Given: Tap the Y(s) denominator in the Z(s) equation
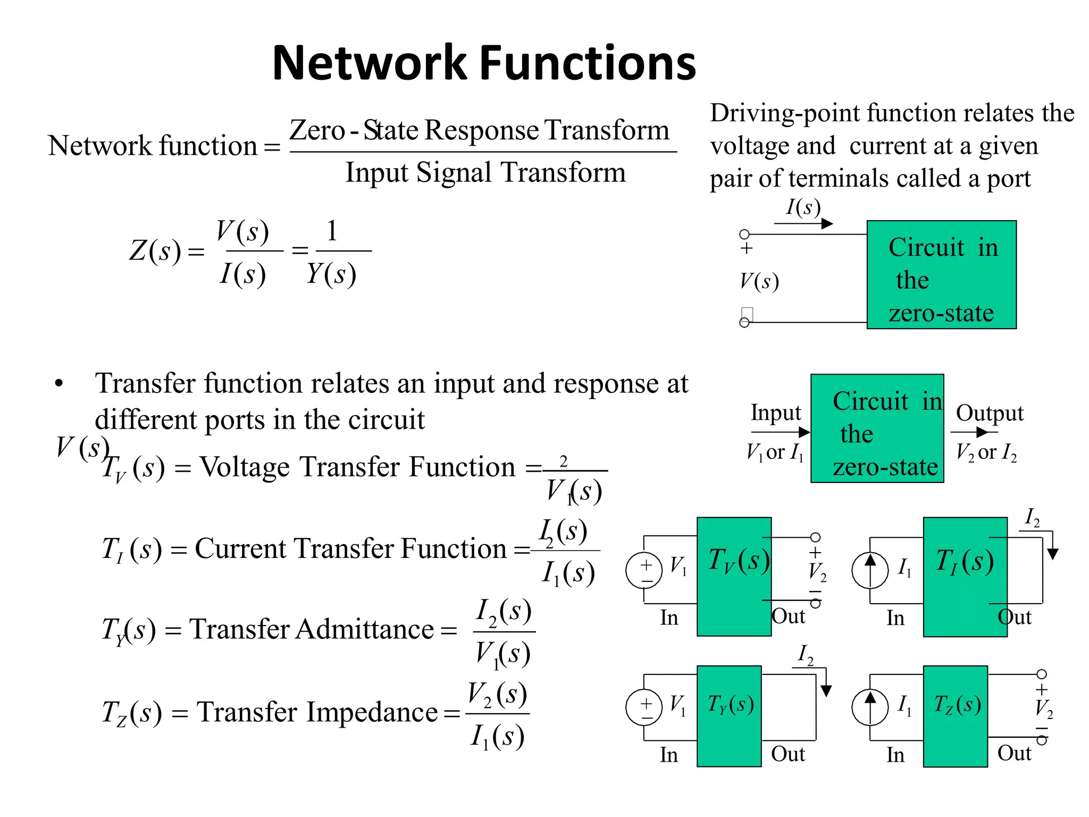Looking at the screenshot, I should coord(331,274).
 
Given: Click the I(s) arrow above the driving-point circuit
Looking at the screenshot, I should coord(803,224).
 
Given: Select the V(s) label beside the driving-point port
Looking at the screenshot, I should coord(759,281).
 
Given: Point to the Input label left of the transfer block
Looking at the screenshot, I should coord(775,413).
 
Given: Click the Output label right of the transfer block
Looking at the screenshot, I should coord(990,413).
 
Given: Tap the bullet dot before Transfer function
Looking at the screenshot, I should coord(59,384).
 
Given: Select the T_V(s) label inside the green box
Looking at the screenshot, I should coord(738,561).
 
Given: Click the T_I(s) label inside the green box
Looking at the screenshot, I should coord(965,562).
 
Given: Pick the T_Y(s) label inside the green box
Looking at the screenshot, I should coord(730,705).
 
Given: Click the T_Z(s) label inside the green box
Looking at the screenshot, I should coord(957,705).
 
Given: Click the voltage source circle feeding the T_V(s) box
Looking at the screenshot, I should coord(644,570).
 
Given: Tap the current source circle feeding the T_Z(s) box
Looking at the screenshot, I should coord(870,707).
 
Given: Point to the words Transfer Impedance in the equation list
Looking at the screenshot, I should coord(317,712).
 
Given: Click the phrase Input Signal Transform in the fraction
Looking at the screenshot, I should coord(485,173).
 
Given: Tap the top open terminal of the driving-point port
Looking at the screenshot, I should coord(744,234).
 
